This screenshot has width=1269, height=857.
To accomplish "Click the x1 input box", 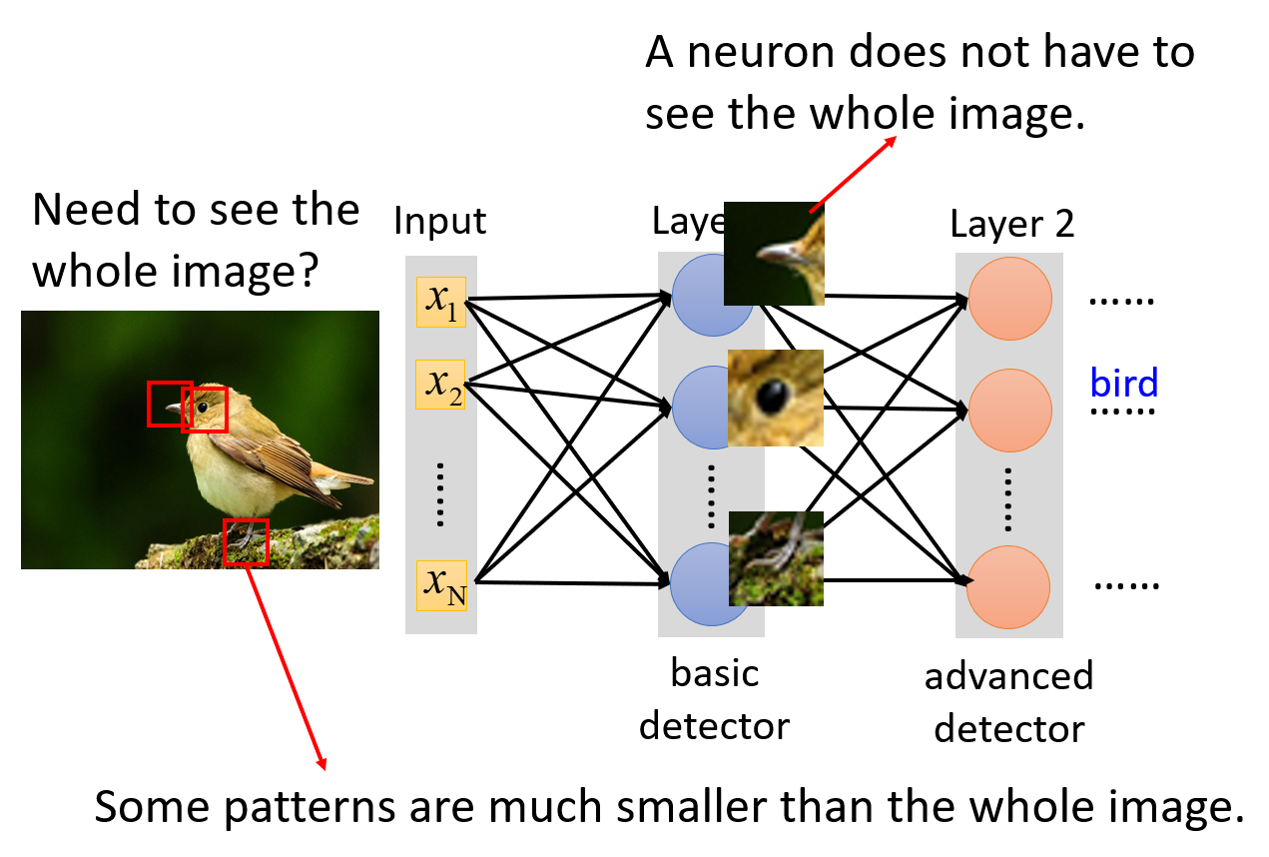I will tap(441, 302).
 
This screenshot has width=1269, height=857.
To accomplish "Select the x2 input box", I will tap(441, 385).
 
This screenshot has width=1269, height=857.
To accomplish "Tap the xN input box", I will tap(441, 585).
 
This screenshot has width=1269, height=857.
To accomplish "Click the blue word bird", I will tap(1124, 384).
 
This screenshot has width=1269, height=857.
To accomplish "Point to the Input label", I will tap(440, 221).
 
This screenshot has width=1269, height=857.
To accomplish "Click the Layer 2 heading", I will tap(1011, 224).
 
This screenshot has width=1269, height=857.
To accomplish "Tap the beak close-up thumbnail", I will tap(774, 253).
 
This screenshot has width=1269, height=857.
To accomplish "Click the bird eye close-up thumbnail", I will tap(776, 398).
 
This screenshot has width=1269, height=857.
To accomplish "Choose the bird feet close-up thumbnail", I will tap(776, 558).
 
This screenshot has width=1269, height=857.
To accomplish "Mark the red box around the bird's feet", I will tap(246, 542).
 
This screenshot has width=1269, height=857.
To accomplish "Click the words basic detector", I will tap(715, 699).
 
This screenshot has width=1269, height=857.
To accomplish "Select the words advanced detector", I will tap(1008, 702).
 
